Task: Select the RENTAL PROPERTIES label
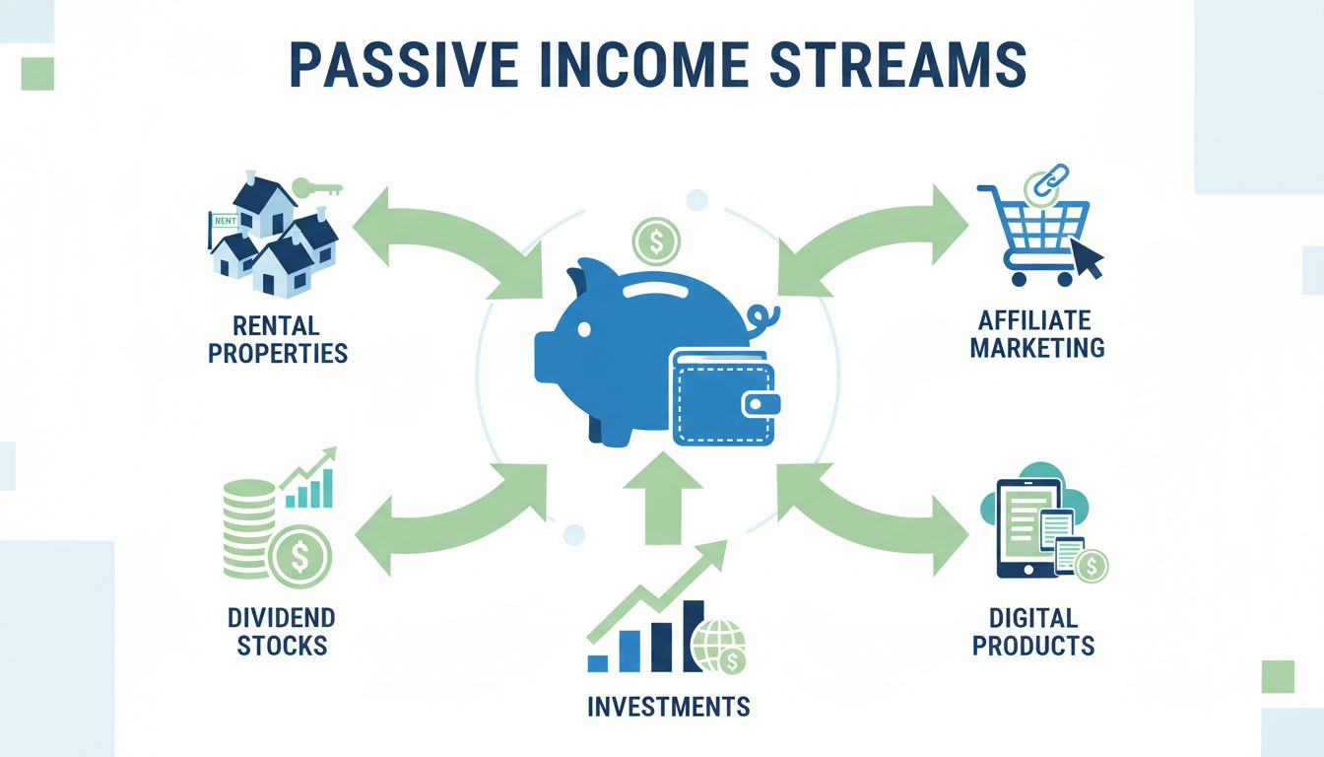tap(278, 339)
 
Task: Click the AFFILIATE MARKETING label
tap(1036, 334)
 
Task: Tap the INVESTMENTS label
tap(668, 707)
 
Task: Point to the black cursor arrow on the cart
tap(1088, 260)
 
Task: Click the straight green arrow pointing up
tap(663, 499)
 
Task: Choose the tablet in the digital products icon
tap(1026, 527)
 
